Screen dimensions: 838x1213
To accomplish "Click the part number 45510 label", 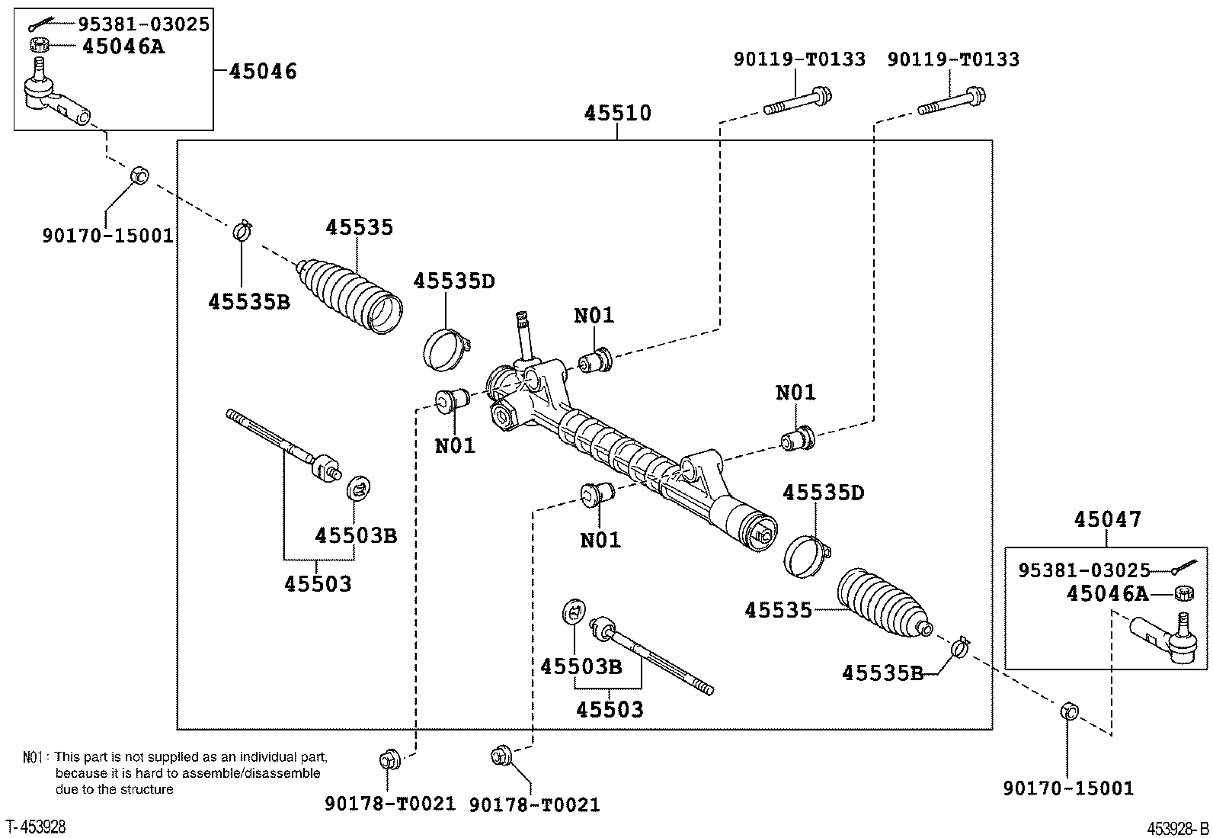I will [x=617, y=113].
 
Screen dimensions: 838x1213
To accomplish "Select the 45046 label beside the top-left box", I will [x=263, y=71].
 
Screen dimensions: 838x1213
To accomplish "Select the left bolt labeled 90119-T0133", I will [x=797, y=103].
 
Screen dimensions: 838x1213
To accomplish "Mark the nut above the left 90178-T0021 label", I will [x=387, y=759].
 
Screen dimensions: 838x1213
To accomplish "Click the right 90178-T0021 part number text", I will [x=534, y=804].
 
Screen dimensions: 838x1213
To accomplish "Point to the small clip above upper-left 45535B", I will [x=242, y=228].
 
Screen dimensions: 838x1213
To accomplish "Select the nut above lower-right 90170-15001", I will [x=1068, y=711].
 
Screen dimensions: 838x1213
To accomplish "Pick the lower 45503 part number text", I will [x=610, y=709].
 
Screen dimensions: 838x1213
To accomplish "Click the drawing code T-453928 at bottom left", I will [x=36, y=827].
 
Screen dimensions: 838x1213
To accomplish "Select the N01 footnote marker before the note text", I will [x=33, y=757].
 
